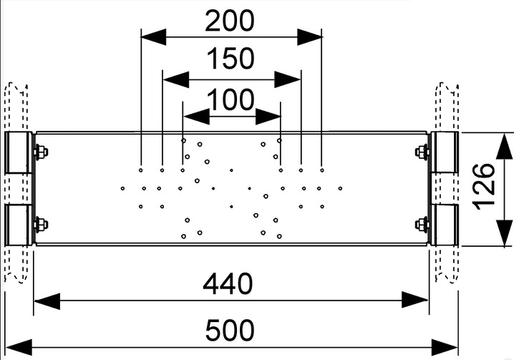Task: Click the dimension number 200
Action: pyautogui.click(x=229, y=21)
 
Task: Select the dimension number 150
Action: pyautogui.click(x=231, y=59)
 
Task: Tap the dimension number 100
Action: pyautogui.click(x=232, y=101)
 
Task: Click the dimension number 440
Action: pyautogui.click(x=228, y=284)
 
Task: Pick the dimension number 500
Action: pyautogui.click(x=229, y=331)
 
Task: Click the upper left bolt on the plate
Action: pyautogui.click(x=40, y=152)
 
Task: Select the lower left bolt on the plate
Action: pyautogui.click(x=40, y=225)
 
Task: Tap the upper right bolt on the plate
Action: pyautogui.click(x=422, y=152)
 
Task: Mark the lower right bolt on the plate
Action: pyautogui.click(x=422, y=225)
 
